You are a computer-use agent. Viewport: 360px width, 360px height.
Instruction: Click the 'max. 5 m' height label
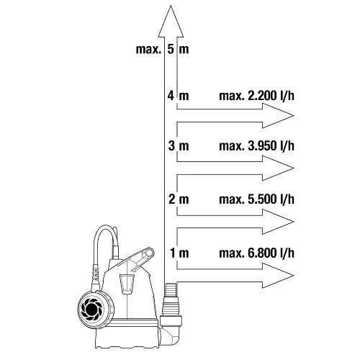point(163,49)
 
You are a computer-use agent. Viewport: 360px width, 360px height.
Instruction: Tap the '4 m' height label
point(179,96)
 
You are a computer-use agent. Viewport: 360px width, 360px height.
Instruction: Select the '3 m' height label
point(179,145)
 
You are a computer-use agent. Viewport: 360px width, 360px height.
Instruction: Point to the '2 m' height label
point(179,199)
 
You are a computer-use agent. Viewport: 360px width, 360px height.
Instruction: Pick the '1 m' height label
point(179,253)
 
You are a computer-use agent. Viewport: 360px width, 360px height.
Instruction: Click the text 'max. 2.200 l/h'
point(256,96)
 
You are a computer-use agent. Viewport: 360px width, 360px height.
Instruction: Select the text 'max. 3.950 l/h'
point(256,145)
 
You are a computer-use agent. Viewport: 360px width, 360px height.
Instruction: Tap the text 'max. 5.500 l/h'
point(256,199)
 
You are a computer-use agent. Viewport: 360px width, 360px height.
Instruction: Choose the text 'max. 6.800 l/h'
point(256,253)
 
